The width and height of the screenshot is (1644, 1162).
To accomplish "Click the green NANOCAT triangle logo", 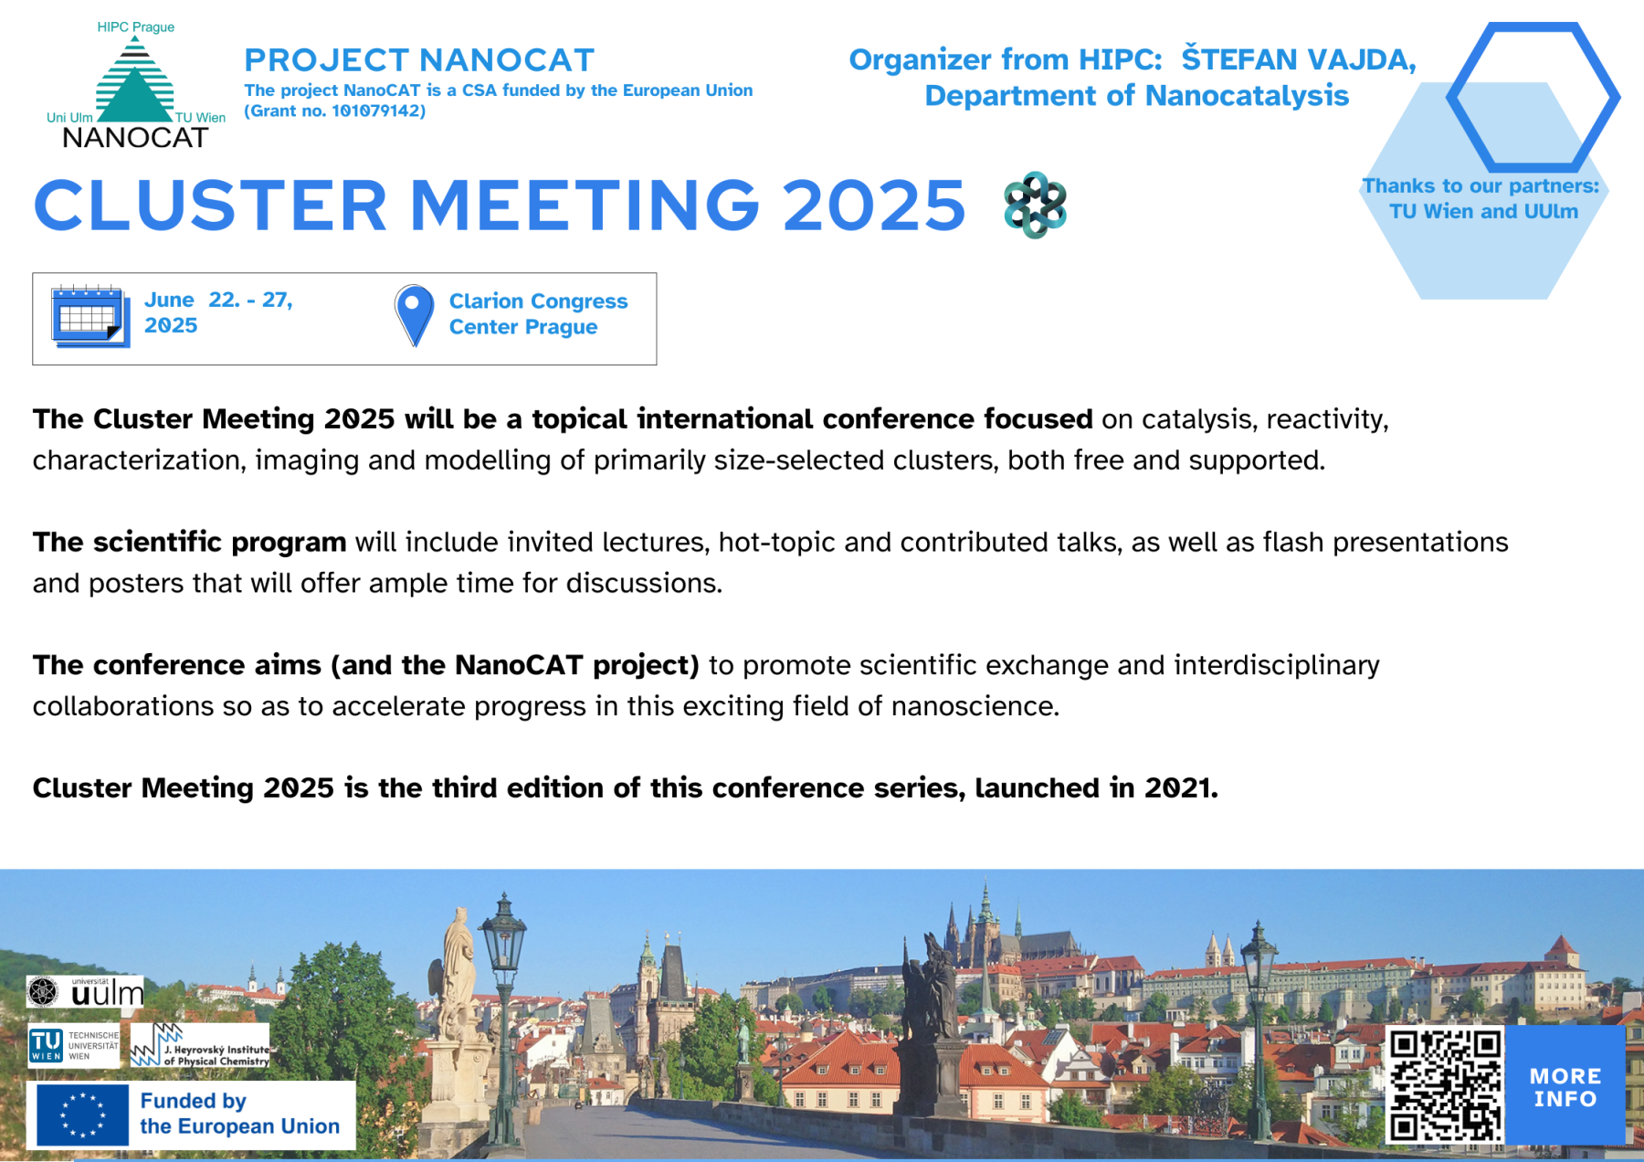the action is (135, 84).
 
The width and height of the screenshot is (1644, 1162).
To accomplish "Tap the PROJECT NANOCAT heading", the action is (419, 60).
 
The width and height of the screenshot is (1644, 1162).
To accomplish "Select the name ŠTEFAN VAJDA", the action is (1298, 58).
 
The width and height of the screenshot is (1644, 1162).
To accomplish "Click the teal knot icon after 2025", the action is (1035, 205).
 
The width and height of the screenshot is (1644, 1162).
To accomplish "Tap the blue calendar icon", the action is (90, 316).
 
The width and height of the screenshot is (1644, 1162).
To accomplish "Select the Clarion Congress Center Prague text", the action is (538, 313).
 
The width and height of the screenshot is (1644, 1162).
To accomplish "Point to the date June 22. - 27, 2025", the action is (218, 312).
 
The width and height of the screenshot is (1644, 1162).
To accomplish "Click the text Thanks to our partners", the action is (1481, 185).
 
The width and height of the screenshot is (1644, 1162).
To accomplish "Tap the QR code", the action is (1445, 1084).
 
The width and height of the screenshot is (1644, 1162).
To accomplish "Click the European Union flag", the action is (82, 1114).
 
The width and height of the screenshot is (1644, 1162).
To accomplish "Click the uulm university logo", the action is (85, 991).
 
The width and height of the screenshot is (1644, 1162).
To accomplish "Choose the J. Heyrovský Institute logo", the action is (200, 1045).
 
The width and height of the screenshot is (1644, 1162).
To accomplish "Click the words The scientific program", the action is (189, 542).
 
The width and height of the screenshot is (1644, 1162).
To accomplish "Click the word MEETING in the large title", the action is (585, 205).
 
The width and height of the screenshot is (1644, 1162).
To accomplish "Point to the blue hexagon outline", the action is (1533, 97).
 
